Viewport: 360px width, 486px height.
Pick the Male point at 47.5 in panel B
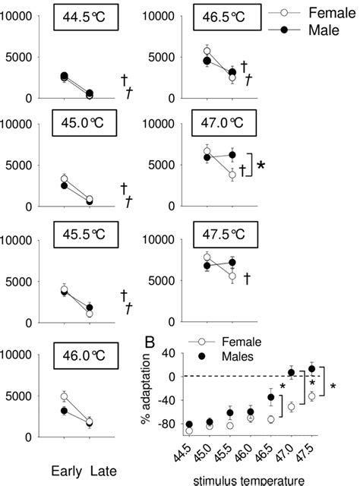[x=311, y=369]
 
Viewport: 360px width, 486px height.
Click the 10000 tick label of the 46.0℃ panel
[x=22, y=355]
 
